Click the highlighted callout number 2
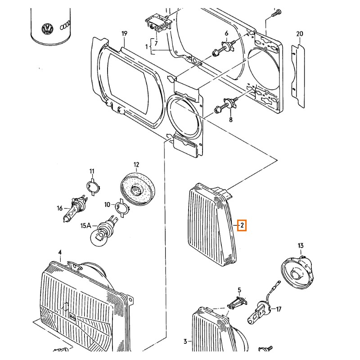tap(242, 225)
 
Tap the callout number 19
tap(125, 33)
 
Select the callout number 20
tap(300, 34)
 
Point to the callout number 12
tap(136, 164)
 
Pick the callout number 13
tap(301, 245)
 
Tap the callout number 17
tap(279, 309)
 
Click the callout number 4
tap(60, 252)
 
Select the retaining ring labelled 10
tap(120, 207)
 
